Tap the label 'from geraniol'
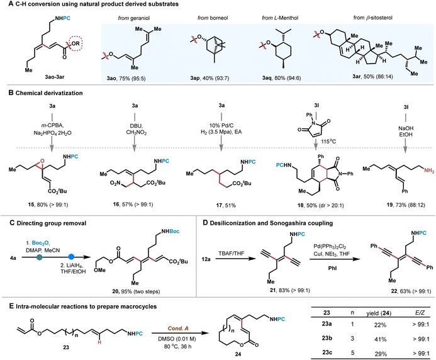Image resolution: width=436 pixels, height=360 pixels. pos(134,18)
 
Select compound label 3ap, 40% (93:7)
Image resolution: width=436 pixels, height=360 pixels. pos(210,78)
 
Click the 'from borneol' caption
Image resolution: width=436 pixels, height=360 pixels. pos(213,18)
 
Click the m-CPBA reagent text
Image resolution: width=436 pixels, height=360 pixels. pos(52,126)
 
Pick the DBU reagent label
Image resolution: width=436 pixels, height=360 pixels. pos(135,126)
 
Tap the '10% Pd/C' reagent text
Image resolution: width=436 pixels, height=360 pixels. pos(221,125)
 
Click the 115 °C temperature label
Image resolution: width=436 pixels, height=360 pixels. pos(328,142)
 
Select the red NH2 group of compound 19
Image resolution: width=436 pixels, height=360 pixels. pos(429,171)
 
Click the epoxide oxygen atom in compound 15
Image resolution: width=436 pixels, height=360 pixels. pos(42,160)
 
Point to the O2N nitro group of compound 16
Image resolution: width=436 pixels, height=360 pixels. pos(115,183)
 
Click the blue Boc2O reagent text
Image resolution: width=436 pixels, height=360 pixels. pos(40,243)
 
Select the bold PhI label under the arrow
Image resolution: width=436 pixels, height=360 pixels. pos(332,269)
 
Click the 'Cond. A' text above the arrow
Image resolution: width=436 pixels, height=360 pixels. pos(178,329)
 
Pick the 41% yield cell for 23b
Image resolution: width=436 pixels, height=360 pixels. pos(380,339)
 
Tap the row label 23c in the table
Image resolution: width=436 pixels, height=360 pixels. pos(327,352)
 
